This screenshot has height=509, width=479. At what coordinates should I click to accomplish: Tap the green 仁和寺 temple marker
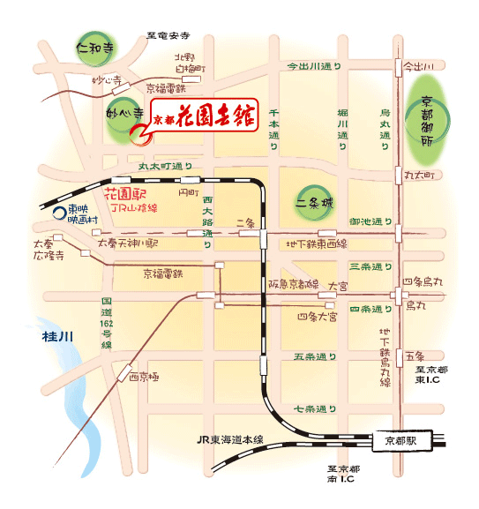[x=93, y=45]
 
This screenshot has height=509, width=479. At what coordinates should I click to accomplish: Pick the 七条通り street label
[x=316, y=409]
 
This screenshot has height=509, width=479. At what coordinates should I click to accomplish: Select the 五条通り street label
[x=316, y=357]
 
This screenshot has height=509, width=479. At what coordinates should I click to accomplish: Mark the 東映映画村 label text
[x=84, y=214]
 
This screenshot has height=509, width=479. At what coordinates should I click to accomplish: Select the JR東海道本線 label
[x=230, y=439]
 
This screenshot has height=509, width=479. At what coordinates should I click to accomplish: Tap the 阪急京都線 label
[x=293, y=283]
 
